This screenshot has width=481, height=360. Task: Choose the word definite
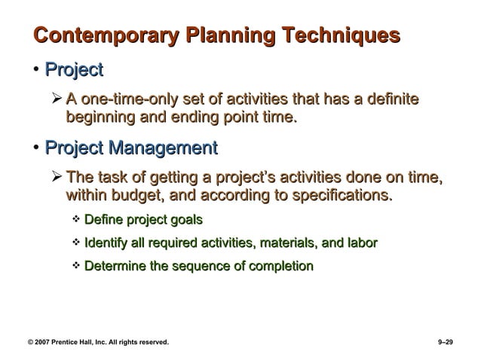point(389,99)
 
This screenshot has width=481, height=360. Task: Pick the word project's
point(244,178)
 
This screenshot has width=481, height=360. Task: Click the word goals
point(185,220)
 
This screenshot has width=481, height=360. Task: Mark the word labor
point(362,243)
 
